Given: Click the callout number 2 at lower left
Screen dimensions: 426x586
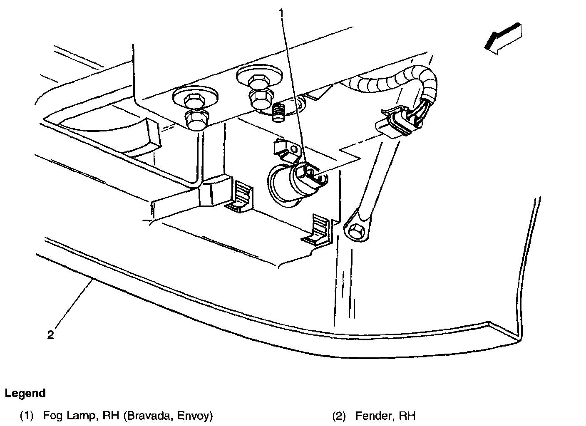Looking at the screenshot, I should [50, 335].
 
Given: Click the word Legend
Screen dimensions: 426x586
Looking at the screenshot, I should [25, 393].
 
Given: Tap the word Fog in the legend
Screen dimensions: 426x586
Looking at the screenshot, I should [52, 415].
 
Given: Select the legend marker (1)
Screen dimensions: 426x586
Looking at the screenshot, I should [27, 415].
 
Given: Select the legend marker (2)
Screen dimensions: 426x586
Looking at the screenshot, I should [339, 415].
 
